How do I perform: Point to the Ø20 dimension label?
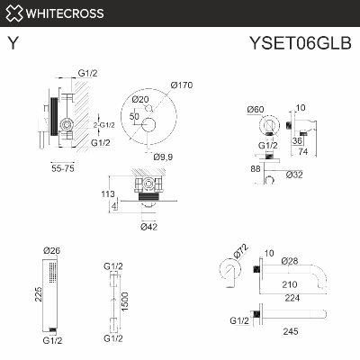tap(140, 99)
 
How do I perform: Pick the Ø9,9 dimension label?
tap(163, 157)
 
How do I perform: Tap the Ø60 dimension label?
tap(255, 110)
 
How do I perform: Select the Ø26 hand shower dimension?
tap(51, 251)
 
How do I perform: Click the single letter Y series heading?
tap(12, 41)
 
